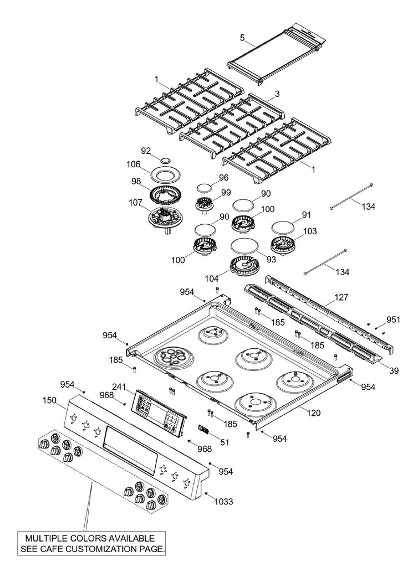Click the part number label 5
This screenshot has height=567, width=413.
click(x=242, y=38)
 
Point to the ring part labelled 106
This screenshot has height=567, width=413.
click(x=164, y=176)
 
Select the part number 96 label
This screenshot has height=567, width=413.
click(x=223, y=177)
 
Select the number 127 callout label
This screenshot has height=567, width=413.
click(x=341, y=297)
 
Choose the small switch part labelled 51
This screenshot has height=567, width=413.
click(x=203, y=430)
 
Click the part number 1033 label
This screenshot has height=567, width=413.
click(x=223, y=501)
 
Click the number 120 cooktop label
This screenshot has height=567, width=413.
click(x=313, y=413)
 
